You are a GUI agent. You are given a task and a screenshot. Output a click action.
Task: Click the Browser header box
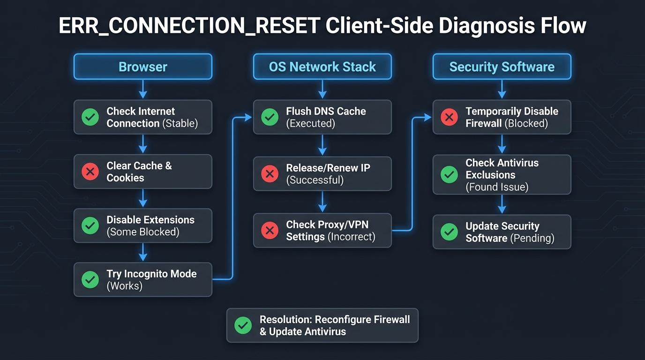[x=143, y=67]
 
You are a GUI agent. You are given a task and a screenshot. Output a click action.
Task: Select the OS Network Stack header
[x=322, y=67]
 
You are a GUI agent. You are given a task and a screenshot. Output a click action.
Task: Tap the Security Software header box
[x=502, y=67]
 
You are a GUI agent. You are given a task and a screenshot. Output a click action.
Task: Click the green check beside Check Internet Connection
[x=90, y=117]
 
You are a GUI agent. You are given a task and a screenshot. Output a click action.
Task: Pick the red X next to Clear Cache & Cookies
[x=90, y=172]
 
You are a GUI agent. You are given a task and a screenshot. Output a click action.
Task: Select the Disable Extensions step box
[x=143, y=226]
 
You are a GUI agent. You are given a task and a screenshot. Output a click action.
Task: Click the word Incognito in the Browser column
[x=152, y=274]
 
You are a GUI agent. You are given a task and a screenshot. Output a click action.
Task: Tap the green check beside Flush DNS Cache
[x=270, y=117]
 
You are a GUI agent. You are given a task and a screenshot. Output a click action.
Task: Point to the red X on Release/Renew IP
[x=270, y=174]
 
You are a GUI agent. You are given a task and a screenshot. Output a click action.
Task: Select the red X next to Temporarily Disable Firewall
[x=449, y=117]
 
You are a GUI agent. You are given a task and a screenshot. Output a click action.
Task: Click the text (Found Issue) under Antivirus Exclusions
[x=497, y=187]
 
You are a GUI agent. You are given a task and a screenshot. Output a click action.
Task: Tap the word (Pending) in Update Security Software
[x=532, y=238]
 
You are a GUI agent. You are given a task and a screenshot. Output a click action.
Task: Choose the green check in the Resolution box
[x=243, y=325]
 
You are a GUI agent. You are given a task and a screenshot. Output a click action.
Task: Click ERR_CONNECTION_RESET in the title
[x=189, y=26]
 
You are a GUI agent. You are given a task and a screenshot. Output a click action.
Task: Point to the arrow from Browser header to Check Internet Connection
[x=143, y=89]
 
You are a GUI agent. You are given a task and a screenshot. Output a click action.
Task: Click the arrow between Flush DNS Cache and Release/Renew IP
[x=322, y=145]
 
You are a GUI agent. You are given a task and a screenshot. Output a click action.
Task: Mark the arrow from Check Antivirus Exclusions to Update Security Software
[x=502, y=204]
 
